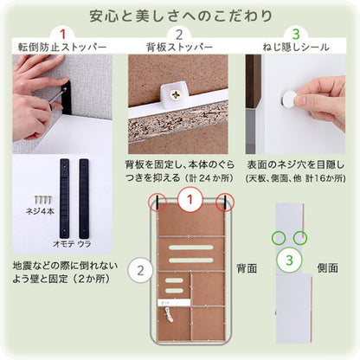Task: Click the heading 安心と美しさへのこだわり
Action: point(180,16)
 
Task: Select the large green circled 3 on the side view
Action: point(291,259)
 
